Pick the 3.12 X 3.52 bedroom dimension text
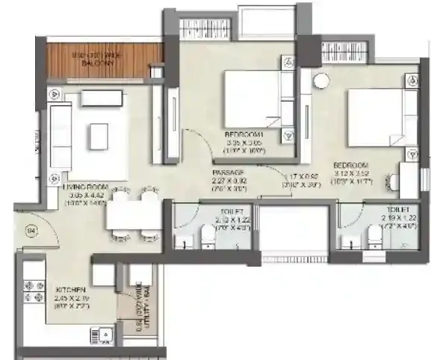point(352,172)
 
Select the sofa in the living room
point(61,136)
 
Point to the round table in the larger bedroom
point(321,80)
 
